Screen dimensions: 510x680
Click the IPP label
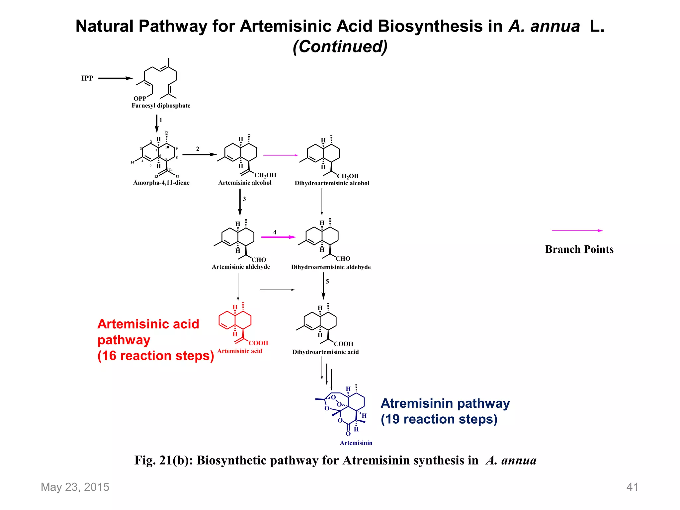(87, 78)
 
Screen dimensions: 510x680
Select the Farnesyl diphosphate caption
(161, 106)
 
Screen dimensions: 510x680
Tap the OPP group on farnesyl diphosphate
(140, 99)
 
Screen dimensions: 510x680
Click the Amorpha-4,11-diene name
(161, 183)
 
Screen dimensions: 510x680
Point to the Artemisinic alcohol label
(245, 183)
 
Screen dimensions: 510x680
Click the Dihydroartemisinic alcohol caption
(332, 183)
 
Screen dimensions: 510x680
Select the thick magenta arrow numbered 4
(278, 237)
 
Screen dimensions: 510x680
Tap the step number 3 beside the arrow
(244, 199)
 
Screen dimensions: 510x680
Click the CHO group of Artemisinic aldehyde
(259, 260)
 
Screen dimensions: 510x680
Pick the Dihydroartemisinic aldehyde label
(331, 267)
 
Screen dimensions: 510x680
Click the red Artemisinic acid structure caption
(239, 351)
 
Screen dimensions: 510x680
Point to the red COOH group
(258, 343)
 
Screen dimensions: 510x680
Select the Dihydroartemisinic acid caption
(325, 352)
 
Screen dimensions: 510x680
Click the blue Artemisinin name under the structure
(356, 443)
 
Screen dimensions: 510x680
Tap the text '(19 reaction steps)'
(439, 419)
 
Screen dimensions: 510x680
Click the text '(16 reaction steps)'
(155, 356)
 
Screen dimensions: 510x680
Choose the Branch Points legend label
(579, 249)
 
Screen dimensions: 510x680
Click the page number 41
(632, 487)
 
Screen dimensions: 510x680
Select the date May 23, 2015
(75, 487)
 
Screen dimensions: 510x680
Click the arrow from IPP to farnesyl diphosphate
(115, 78)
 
